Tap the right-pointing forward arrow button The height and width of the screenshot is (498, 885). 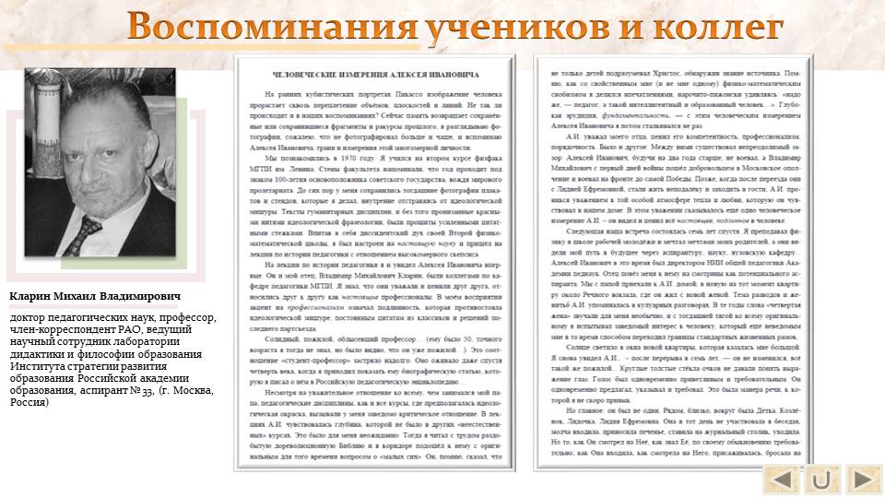[x=862, y=480]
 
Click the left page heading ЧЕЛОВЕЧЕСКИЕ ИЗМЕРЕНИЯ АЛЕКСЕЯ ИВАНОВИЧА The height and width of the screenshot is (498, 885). [x=372, y=72]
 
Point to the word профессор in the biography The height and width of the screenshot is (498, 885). [x=189, y=318]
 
